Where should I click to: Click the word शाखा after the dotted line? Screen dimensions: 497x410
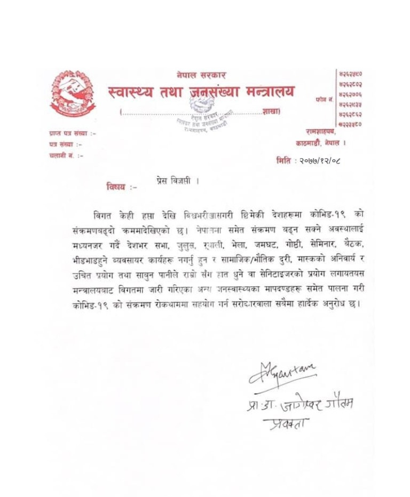271,111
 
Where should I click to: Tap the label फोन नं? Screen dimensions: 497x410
324,99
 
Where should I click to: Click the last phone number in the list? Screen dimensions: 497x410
351,124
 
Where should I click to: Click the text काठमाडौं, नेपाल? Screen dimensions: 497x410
321,143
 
